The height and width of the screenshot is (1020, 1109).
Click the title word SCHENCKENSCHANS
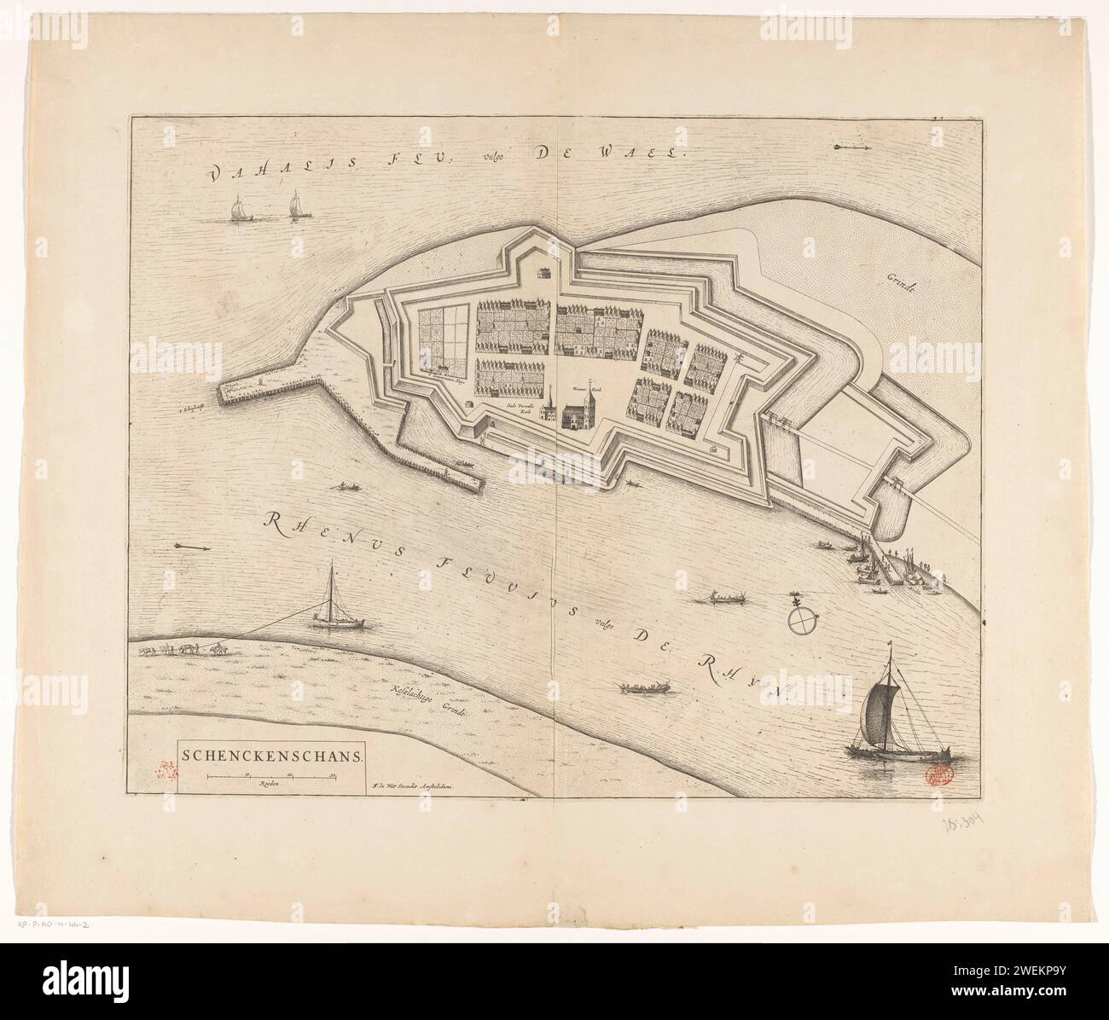coord(271,754)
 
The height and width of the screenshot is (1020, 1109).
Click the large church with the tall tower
coord(574,412)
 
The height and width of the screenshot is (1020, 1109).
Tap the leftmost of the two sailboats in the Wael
coord(236,210)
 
